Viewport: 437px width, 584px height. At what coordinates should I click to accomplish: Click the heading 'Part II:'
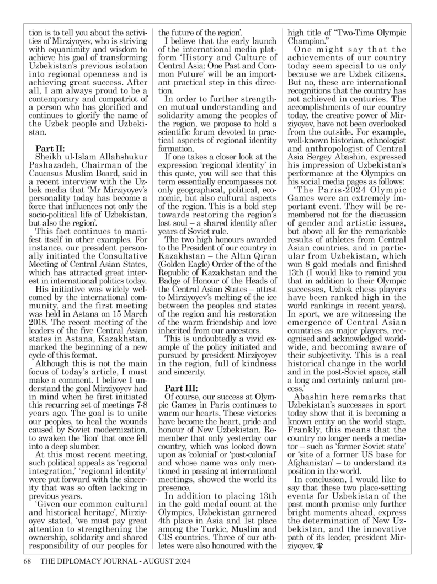50,148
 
